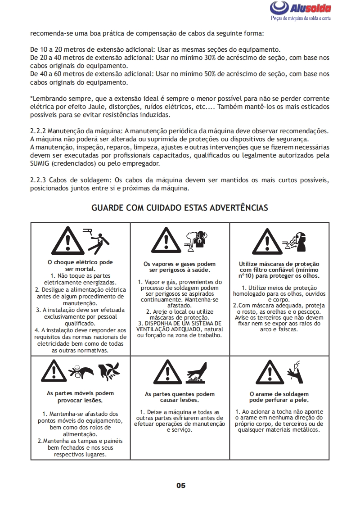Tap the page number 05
(x=180, y=485)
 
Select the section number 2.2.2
(x=38, y=131)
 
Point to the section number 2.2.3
(x=38, y=180)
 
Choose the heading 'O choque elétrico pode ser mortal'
(x=80, y=265)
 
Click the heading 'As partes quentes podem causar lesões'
(x=180, y=397)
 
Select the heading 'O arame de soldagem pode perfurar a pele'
(x=279, y=397)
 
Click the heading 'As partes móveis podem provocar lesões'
(x=80, y=396)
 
